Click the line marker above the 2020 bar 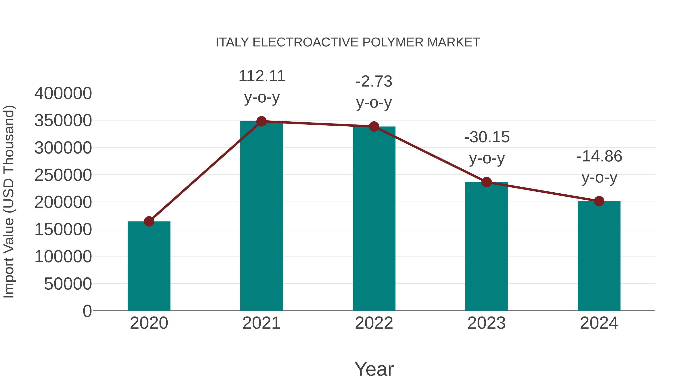click(149, 221)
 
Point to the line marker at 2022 click(374, 126)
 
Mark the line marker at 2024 click(599, 201)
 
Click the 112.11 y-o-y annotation click(262, 86)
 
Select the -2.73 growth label click(374, 92)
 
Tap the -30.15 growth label click(487, 148)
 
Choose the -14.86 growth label click(599, 167)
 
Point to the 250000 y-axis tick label click(63, 175)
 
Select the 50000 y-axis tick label click(68, 284)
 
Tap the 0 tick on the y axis click(87, 311)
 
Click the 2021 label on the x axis click(261, 323)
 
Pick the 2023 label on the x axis click(486, 323)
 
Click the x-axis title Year click(374, 369)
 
